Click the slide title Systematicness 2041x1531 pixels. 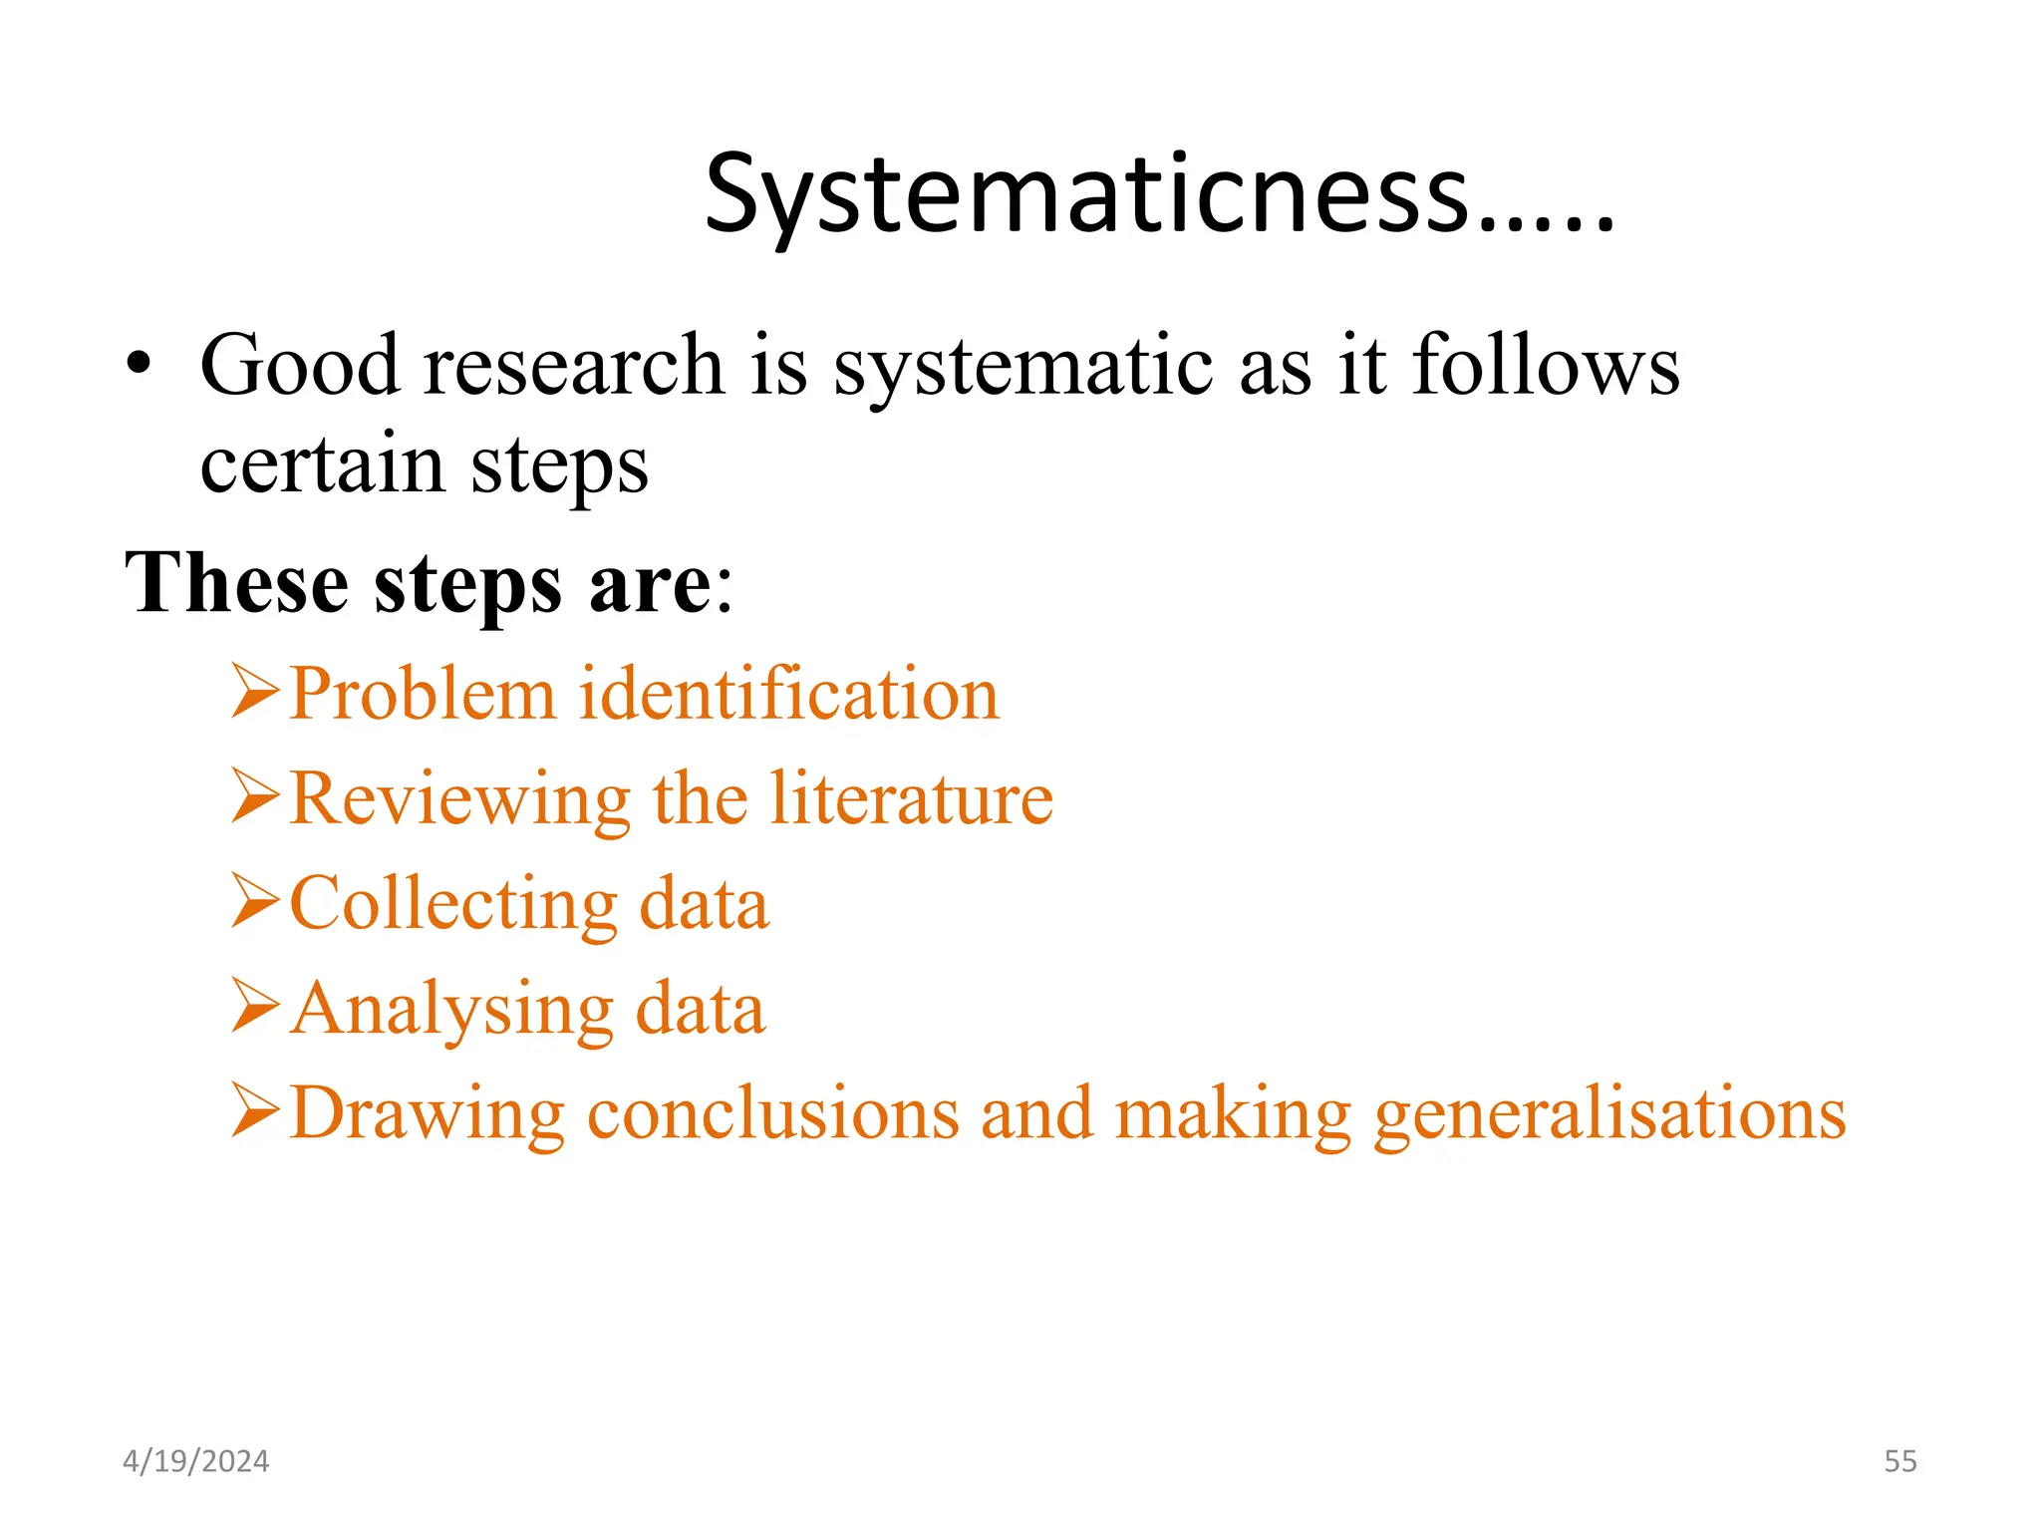[1158, 193]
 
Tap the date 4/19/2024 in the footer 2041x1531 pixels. [195, 1461]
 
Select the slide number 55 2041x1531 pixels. [1899, 1461]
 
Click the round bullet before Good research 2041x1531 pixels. [140, 365]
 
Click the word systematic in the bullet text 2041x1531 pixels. [1023, 367]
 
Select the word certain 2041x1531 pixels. [322, 464]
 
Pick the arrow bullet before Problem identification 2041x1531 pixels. [255, 691]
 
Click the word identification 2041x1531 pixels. [788, 694]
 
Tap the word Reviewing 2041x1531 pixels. [459, 799]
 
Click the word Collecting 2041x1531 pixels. [453, 905]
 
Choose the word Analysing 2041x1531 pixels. [451, 1011]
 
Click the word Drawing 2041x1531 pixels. [427, 1114]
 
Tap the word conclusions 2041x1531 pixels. [773, 1113]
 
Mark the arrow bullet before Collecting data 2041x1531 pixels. [255, 900]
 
